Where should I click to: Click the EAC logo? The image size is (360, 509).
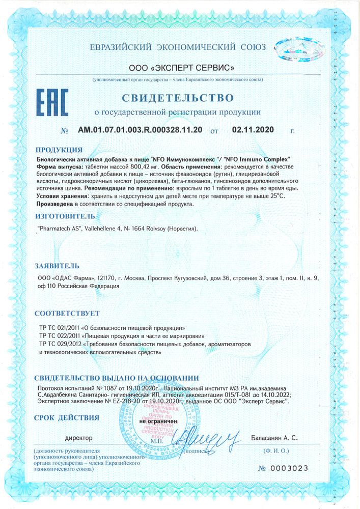click(52, 104)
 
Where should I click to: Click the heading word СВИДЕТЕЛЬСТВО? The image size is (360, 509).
click(177, 97)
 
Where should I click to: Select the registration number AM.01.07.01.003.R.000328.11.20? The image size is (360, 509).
click(140, 130)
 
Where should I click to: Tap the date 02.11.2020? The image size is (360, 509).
click(253, 130)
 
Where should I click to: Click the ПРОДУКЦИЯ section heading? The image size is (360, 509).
click(59, 150)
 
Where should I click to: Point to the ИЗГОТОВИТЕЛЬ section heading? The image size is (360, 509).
click(66, 216)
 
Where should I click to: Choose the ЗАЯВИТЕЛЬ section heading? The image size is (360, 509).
click(58, 266)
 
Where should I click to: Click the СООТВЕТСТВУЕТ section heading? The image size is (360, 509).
click(66, 313)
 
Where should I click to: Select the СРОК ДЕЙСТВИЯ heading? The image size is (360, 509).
click(66, 418)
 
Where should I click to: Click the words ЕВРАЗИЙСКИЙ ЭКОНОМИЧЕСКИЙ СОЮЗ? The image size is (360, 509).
click(177, 47)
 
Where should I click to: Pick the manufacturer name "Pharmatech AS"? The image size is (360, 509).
click(59, 230)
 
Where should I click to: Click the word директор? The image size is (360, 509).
click(79, 437)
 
